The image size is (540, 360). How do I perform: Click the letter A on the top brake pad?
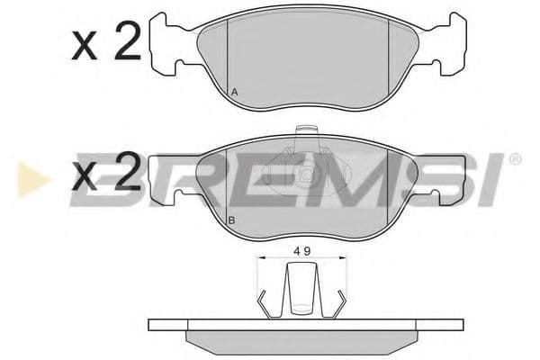click(234, 93)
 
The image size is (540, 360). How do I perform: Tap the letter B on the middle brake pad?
click(231, 220)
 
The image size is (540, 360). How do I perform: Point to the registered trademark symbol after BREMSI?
click(515, 159)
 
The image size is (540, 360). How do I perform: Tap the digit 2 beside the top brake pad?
click(126, 42)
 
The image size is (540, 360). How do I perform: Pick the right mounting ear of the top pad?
click(454, 46)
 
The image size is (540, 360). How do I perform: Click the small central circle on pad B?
click(306, 175)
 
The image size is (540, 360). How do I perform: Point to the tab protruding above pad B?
click(306, 135)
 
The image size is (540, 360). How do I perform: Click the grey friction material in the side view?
click(301, 339)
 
